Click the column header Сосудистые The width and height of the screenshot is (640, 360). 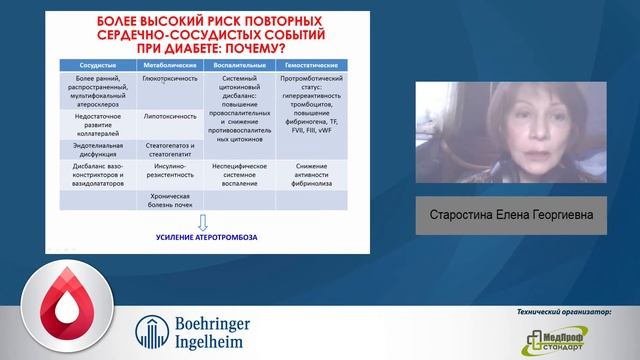(93, 62)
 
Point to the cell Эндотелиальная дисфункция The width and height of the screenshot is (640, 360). (93, 145)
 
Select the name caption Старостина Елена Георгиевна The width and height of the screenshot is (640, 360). (512, 214)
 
